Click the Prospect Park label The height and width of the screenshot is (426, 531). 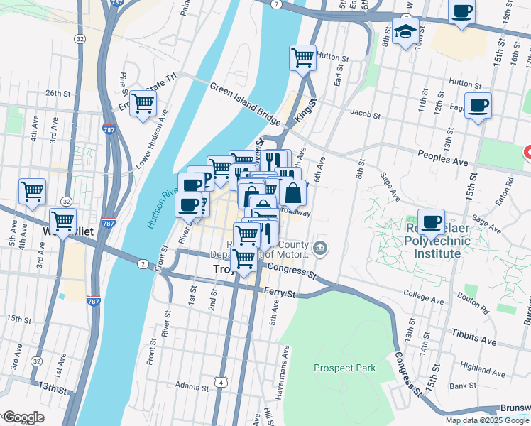(344, 368)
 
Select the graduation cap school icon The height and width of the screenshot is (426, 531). (405, 31)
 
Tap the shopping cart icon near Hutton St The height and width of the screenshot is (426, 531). (303, 57)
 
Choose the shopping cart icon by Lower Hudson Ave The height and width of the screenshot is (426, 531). (143, 103)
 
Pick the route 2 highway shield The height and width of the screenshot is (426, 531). (143, 264)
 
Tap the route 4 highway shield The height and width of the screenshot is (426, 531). (223, 383)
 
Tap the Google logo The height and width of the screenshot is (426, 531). (23, 417)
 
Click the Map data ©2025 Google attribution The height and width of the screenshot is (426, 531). (487, 420)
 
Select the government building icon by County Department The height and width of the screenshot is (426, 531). (320, 247)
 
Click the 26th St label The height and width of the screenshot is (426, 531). (60, 93)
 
